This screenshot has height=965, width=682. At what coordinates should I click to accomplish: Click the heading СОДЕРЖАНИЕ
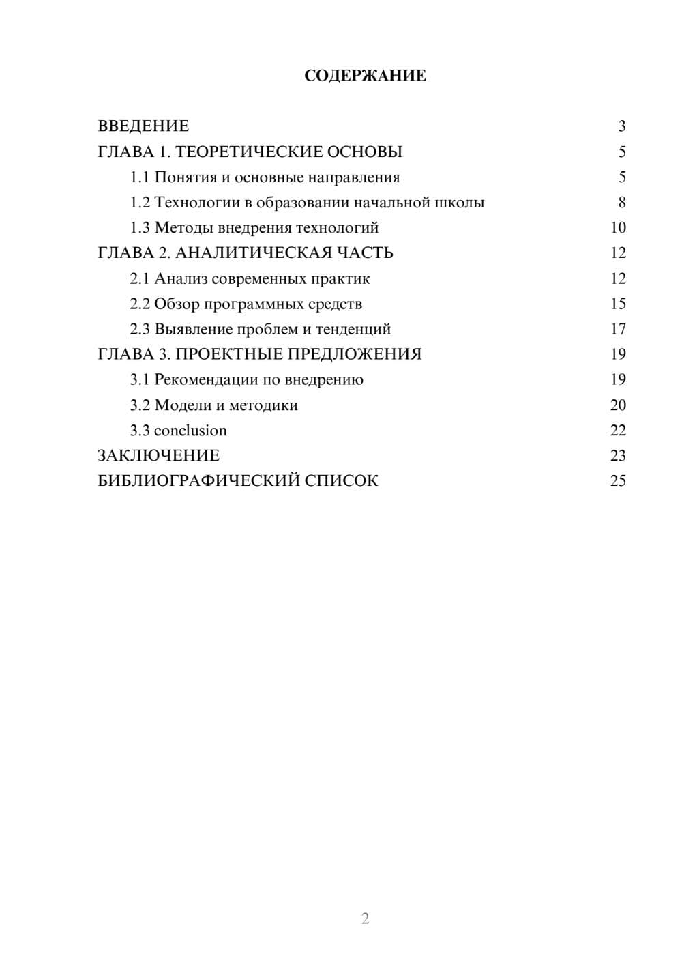click(365, 76)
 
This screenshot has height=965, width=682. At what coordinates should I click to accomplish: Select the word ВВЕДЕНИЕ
click(143, 126)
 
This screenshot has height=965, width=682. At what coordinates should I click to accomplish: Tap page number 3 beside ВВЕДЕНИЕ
click(621, 126)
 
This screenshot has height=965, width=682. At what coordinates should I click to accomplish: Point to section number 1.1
click(139, 177)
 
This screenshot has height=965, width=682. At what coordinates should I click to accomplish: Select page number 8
click(621, 203)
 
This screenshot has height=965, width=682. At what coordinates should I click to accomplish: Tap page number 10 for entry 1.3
click(618, 228)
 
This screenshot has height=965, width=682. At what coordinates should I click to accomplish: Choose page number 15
click(618, 304)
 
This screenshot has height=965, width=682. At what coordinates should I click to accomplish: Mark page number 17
click(618, 329)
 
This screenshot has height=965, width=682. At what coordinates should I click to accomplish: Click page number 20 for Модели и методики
click(618, 405)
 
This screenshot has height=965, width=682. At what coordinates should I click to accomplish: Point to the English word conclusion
click(190, 431)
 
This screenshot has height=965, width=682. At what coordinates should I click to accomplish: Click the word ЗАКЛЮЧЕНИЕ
click(158, 456)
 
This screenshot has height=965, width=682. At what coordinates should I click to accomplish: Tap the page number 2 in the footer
click(365, 919)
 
